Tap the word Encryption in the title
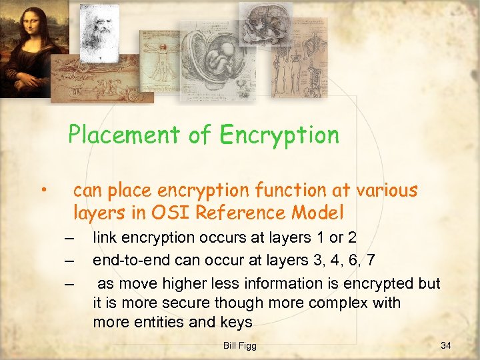[x=279, y=135]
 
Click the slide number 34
[x=446, y=345]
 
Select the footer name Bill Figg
[x=239, y=345]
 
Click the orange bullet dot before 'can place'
[x=42, y=192]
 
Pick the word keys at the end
[x=237, y=323]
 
